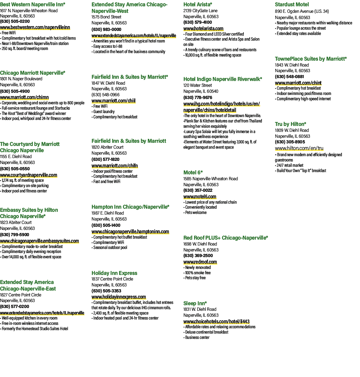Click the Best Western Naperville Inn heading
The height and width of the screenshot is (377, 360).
tap(32, 4)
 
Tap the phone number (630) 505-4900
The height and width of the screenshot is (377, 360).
tap(15, 91)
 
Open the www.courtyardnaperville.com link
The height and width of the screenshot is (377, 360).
tap(28, 175)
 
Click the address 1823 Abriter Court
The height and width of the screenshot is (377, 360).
tap(16, 222)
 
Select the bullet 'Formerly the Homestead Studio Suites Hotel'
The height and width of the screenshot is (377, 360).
tap(34, 329)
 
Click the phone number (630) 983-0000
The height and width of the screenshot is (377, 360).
tap(106, 30)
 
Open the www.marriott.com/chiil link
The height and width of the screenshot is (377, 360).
tap(113, 101)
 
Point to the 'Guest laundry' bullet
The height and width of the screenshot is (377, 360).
tap(103, 112)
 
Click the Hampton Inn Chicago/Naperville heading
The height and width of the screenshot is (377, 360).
tap(130, 207)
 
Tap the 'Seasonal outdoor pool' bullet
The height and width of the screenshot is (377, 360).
tap(109, 248)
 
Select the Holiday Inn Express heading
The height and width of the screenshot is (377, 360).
tap(114, 273)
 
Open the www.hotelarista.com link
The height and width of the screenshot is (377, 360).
tap(203, 29)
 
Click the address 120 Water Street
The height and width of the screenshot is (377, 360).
tap(197, 85)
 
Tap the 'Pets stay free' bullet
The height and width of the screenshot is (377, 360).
tap(195, 278)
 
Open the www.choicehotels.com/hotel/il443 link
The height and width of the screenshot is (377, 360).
tap(217, 322)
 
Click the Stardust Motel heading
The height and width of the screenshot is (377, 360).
tap(292, 4)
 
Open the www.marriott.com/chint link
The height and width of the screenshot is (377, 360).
tap(298, 83)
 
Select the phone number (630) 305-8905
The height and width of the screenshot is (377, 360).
tap(290, 142)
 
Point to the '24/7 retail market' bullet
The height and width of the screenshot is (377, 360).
tap(289, 165)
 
